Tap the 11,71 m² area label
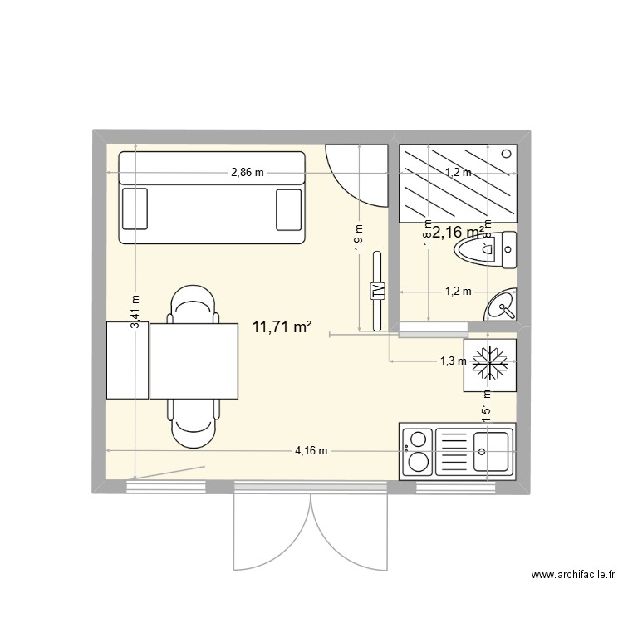(282, 326)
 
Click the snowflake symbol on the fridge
(491, 363)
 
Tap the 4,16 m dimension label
(311, 451)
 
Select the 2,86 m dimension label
(248, 173)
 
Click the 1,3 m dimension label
(452, 361)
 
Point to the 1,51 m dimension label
(488, 407)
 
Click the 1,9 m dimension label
(359, 238)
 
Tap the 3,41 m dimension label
(135, 315)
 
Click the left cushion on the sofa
(135, 208)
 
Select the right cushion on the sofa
(288, 208)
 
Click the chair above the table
(193, 304)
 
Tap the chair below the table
(193, 420)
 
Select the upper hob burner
(418, 438)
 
